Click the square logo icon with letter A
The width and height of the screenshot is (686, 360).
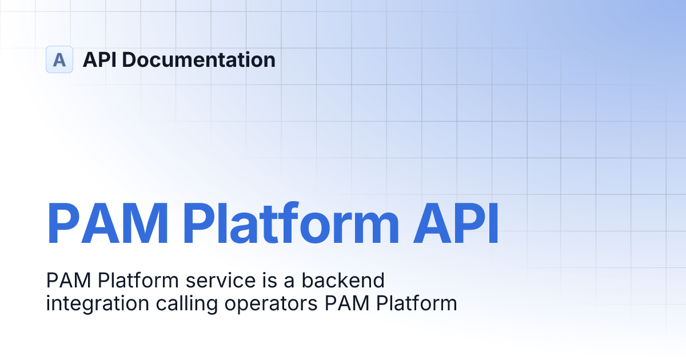click(x=59, y=59)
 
